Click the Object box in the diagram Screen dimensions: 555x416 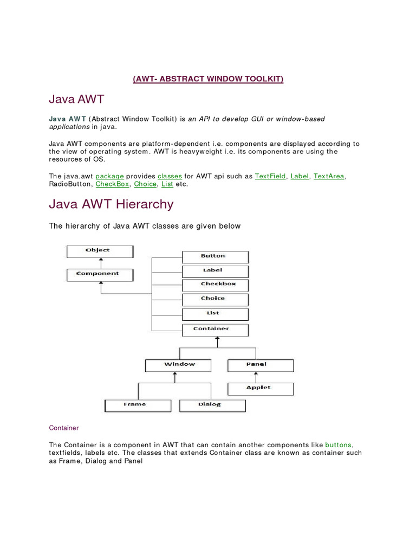coord(100,251)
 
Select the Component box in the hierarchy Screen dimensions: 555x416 coord(100,274)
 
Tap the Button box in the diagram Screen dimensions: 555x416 coord(215,256)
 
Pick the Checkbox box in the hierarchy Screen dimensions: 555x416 coord(215,285)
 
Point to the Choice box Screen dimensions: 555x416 coord(215,299)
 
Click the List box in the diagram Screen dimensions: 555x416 coord(215,314)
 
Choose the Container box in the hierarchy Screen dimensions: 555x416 coord(215,329)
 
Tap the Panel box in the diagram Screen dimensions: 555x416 coord(260,365)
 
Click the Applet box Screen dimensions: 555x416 coord(260,388)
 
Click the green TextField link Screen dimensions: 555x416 coord(270,176)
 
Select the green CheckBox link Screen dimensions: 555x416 coord(113,184)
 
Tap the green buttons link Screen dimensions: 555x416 coord(339,444)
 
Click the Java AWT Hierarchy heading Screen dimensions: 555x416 coord(112,204)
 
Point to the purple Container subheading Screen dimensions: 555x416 coord(64,428)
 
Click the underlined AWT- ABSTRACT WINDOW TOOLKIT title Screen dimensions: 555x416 coord(208,79)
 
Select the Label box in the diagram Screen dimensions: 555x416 coord(215,270)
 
